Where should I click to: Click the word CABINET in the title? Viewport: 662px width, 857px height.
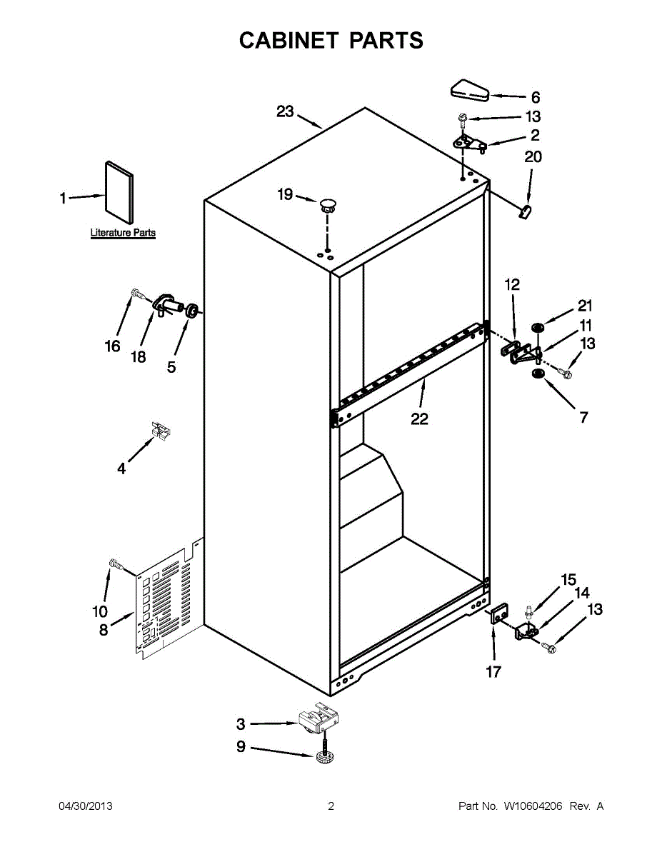(x=289, y=41)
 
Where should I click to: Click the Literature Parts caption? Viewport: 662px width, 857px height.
(x=123, y=233)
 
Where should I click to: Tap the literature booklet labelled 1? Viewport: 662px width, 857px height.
(x=118, y=191)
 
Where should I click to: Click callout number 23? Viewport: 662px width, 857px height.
(x=285, y=111)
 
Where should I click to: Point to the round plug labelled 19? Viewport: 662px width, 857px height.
(x=328, y=205)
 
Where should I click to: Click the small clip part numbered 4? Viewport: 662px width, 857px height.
(x=161, y=430)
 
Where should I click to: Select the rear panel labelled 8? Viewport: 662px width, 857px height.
(x=164, y=600)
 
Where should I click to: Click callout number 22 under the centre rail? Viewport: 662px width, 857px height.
(x=419, y=419)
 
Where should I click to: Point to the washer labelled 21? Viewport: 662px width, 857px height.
(x=537, y=328)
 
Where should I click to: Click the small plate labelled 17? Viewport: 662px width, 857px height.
(x=497, y=616)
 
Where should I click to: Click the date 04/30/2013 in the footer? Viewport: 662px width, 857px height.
(x=85, y=806)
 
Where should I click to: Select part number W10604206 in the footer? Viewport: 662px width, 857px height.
(x=533, y=806)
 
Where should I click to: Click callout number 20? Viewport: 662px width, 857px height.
(x=533, y=156)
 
